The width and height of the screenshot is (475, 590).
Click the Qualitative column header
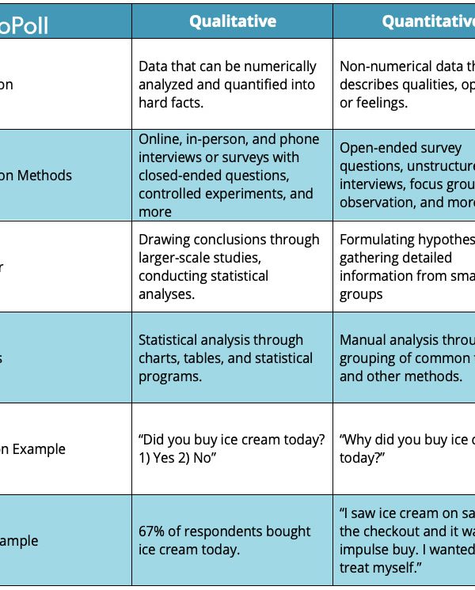point(233,21)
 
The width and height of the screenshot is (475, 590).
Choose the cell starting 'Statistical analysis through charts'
point(226,358)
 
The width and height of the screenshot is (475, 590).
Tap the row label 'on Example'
point(32,449)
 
